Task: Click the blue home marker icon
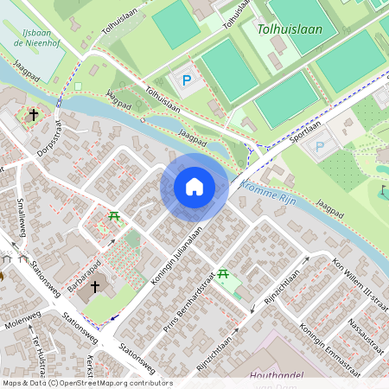point(194,187)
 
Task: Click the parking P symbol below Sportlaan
point(319,146)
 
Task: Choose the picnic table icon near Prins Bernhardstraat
point(224,274)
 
